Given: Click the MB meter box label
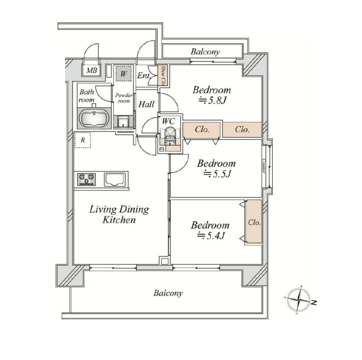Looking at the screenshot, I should pyautogui.click(x=91, y=71).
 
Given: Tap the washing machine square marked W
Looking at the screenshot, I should pyautogui.click(x=123, y=74).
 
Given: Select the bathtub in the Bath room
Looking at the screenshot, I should pyautogui.click(x=94, y=118).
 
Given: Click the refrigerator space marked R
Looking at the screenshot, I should pyautogui.click(x=83, y=140).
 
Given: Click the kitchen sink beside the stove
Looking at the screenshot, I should pyautogui.click(x=115, y=180).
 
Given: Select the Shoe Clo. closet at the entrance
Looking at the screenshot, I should pyautogui.click(x=162, y=75).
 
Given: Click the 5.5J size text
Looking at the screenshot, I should pyautogui.click(x=216, y=174).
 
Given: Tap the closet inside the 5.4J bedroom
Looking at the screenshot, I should pyautogui.click(x=254, y=222).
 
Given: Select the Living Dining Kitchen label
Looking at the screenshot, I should pyautogui.click(x=119, y=214).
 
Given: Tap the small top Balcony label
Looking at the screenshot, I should pyautogui.click(x=205, y=51).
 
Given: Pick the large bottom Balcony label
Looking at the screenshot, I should pyautogui.click(x=168, y=293).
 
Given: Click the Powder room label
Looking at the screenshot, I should pyautogui.click(x=123, y=98).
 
